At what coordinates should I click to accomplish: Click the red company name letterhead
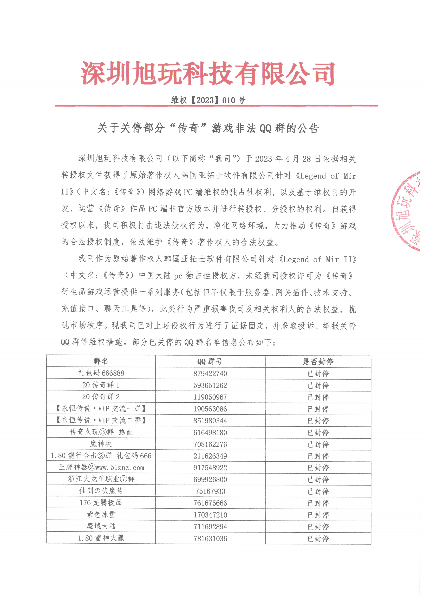pos(208,74)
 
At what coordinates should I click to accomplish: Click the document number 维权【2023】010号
pos(208,100)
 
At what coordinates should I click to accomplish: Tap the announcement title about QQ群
pos(208,128)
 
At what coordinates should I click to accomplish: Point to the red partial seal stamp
pos(407,211)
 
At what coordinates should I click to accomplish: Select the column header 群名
pos(101,361)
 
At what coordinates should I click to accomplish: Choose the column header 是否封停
pos(318,362)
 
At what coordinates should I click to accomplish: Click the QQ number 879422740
pos(210,374)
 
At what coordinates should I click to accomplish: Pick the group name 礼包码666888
pos(101,373)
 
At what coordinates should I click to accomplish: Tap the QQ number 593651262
pos(210,385)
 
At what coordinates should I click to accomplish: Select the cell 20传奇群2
pos(101,397)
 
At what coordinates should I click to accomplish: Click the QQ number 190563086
pos(210,409)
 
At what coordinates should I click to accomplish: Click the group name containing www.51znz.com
pos(101,467)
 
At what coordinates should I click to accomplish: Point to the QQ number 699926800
pos(210,479)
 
